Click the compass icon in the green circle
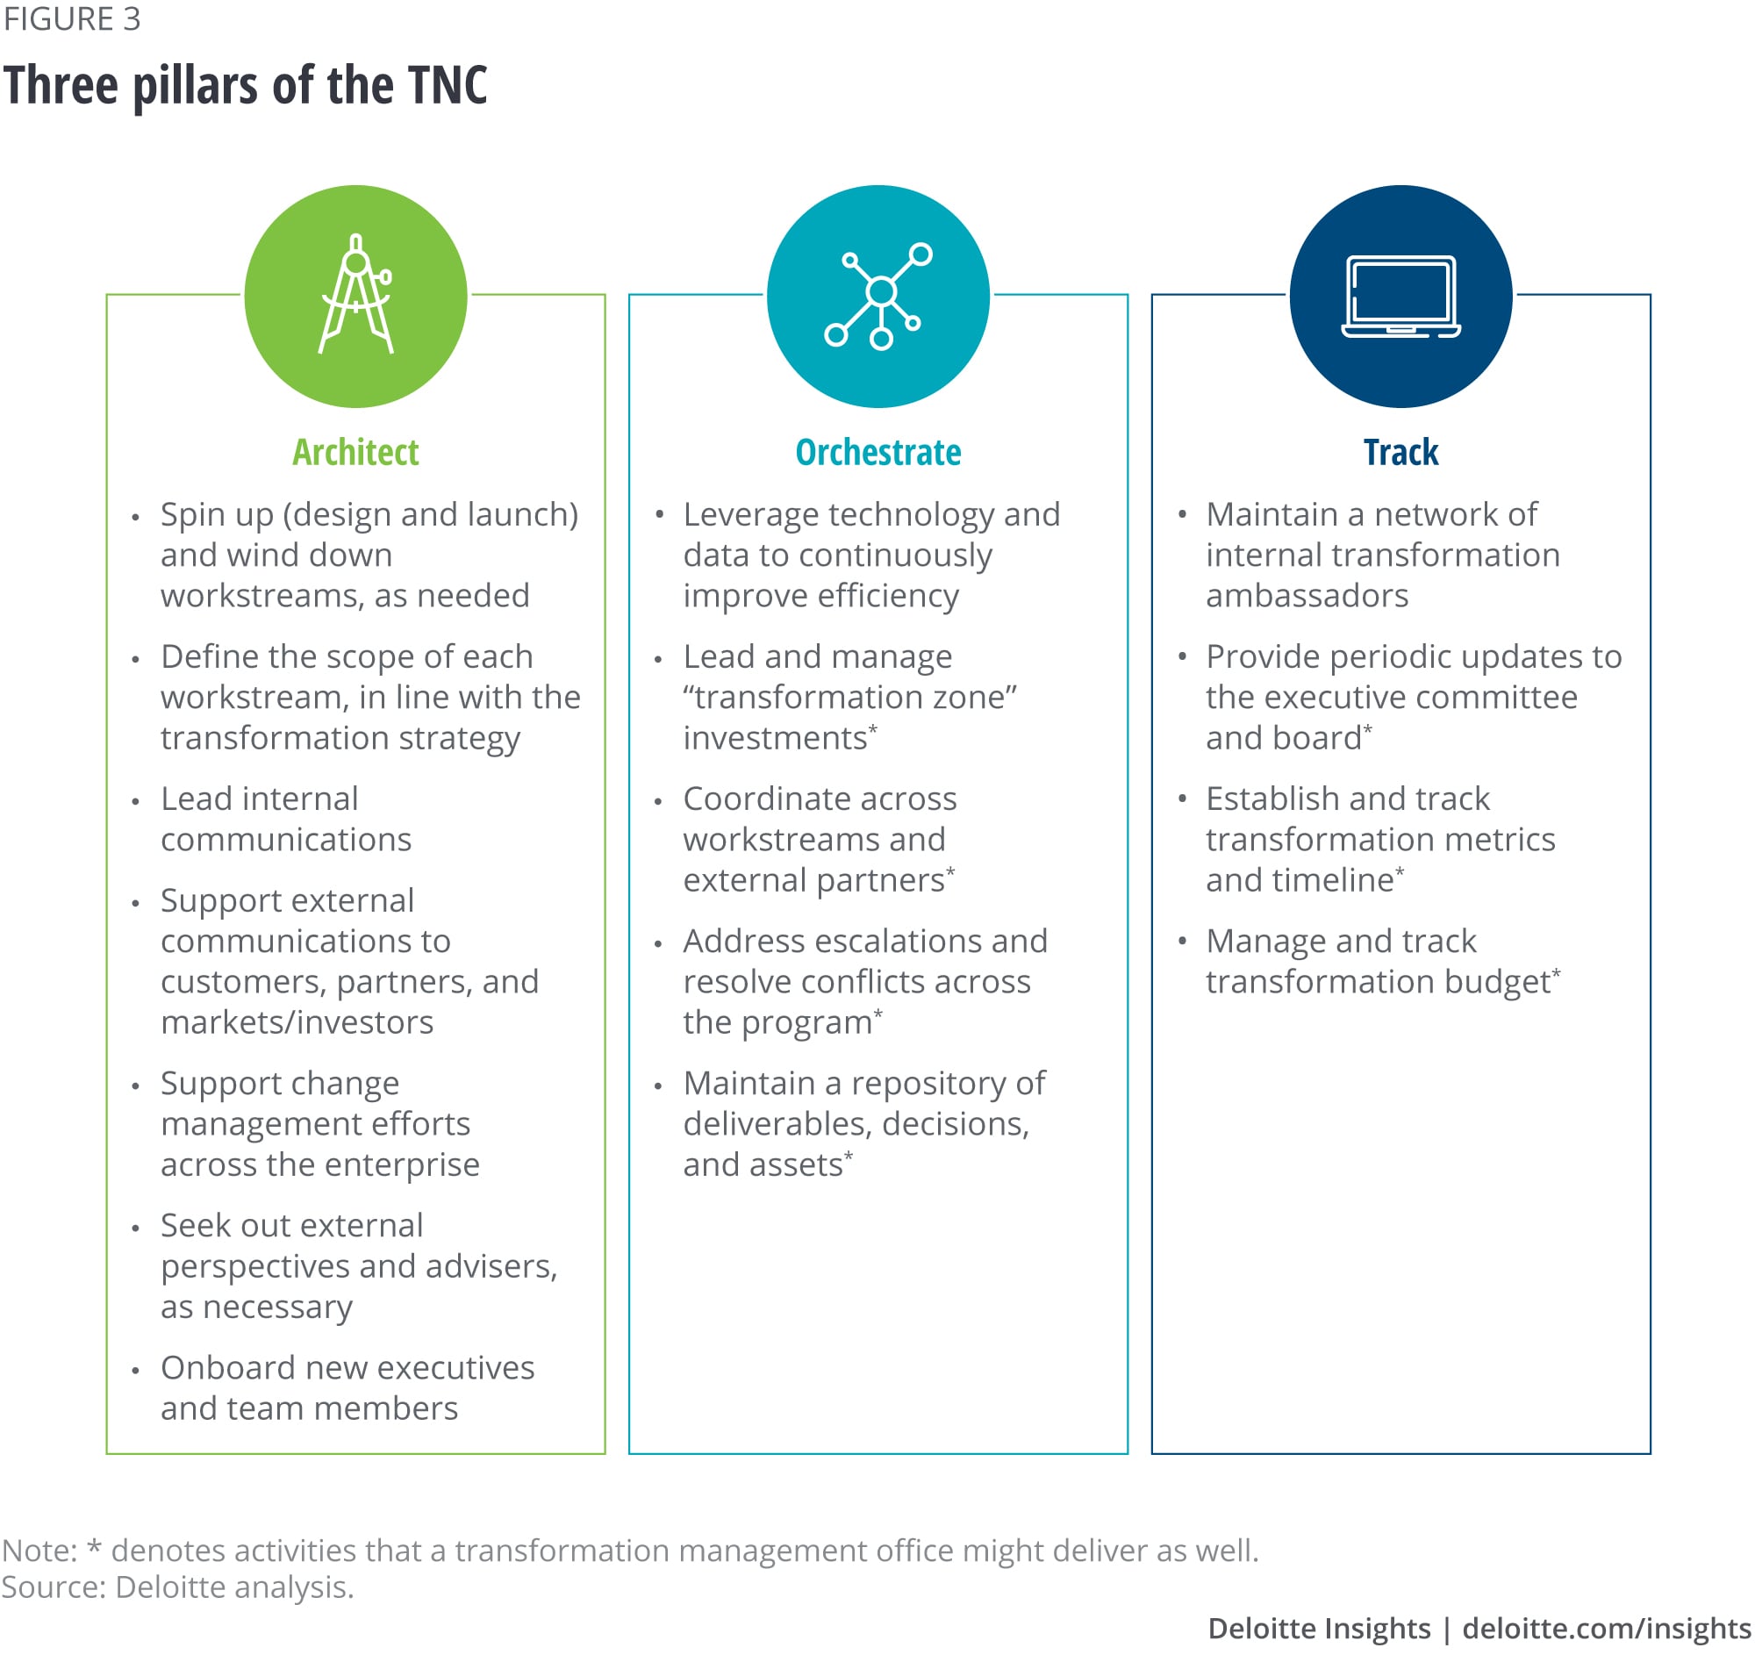356,295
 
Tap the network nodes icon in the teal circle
878,295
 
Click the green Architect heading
355,453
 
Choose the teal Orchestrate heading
878,453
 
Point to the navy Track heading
1400,453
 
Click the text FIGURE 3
72,19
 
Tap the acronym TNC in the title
448,86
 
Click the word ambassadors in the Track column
1307,596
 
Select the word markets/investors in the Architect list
297,1022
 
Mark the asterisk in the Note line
95,1551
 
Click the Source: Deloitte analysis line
177,1587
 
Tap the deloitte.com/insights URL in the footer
1606,1629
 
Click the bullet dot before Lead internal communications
135,802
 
